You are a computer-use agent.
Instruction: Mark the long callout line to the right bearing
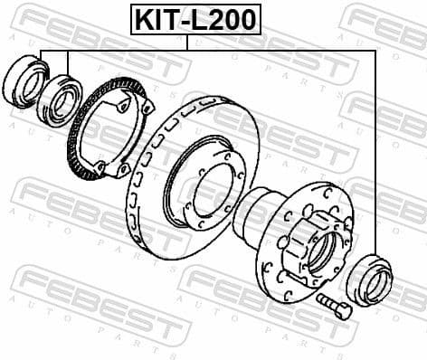[375, 154]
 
